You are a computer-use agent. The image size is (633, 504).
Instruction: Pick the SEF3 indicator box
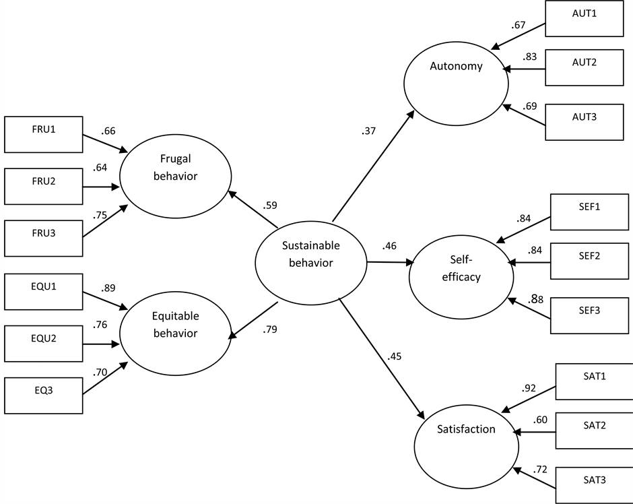click(591, 316)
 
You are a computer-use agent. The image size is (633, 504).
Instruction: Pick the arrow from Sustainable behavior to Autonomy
click(372, 166)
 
